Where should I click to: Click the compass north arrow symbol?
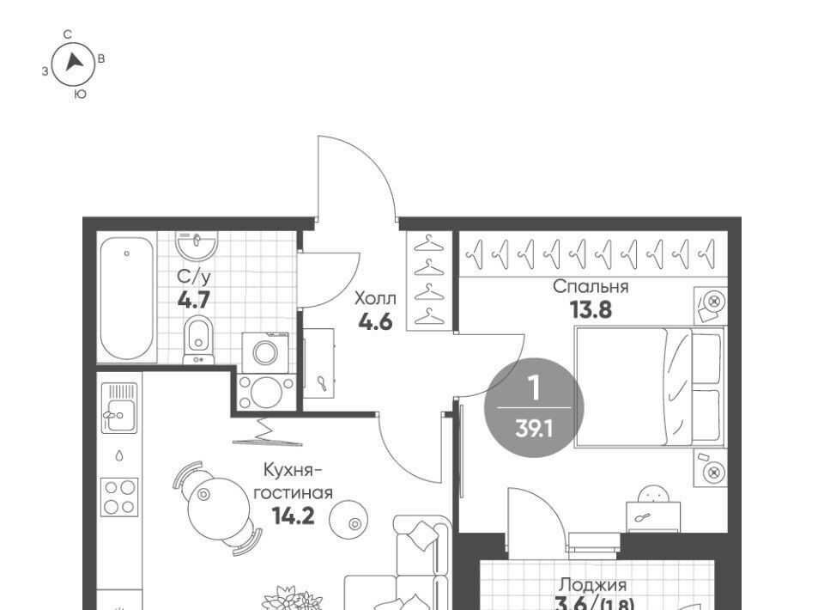click(x=74, y=62)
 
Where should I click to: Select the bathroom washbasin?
click(x=197, y=245)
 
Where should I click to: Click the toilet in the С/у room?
click(x=198, y=340)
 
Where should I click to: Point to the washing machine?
click(x=265, y=352)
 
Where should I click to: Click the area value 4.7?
click(x=194, y=300)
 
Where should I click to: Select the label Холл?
click(x=375, y=299)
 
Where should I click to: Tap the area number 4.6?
click(x=375, y=321)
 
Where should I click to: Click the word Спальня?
click(x=591, y=287)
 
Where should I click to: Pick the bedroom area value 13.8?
click(x=591, y=310)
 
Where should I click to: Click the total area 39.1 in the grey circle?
click(x=534, y=429)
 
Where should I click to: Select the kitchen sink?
click(x=119, y=408)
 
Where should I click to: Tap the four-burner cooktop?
click(x=119, y=497)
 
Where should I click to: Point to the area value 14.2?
click(x=294, y=515)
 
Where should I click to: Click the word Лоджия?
click(x=593, y=585)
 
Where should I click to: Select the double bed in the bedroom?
click(x=650, y=387)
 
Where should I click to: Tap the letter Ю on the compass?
click(x=80, y=95)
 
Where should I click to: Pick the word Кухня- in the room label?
click(x=292, y=470)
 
